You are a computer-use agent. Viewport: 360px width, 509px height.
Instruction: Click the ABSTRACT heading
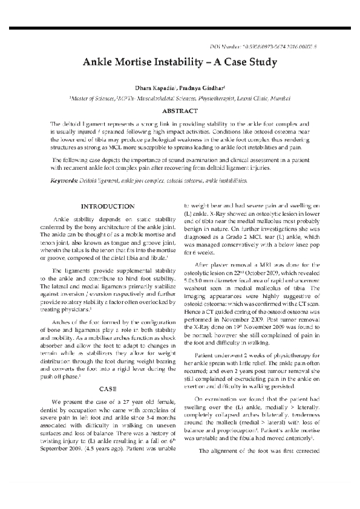point(179,111)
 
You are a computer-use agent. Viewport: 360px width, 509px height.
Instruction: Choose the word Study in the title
point(263,62)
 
